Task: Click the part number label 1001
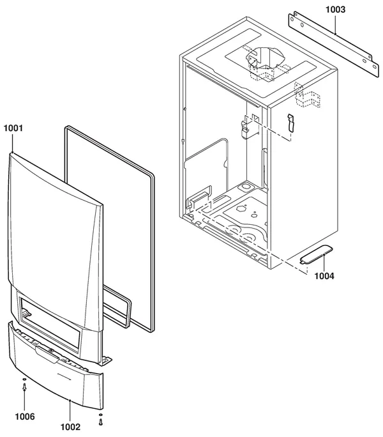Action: coord(13,128)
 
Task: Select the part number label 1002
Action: coord(70,427)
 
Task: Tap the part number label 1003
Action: coord(336,10)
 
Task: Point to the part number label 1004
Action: coord(324,276)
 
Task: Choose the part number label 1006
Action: coord(25,417)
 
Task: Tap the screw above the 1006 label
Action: coord(24,387)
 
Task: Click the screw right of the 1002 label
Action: coord(101,422)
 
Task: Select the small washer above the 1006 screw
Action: coord(24,379)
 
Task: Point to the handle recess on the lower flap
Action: coord(47,354)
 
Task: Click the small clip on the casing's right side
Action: coord(290,122)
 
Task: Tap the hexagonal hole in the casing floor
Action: coord(241,208)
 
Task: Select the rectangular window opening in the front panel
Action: coord(50,324)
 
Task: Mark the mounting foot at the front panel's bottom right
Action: coord(105,360)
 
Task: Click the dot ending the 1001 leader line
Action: coord(13,153)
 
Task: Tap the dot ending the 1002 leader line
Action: coord(70,401)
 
